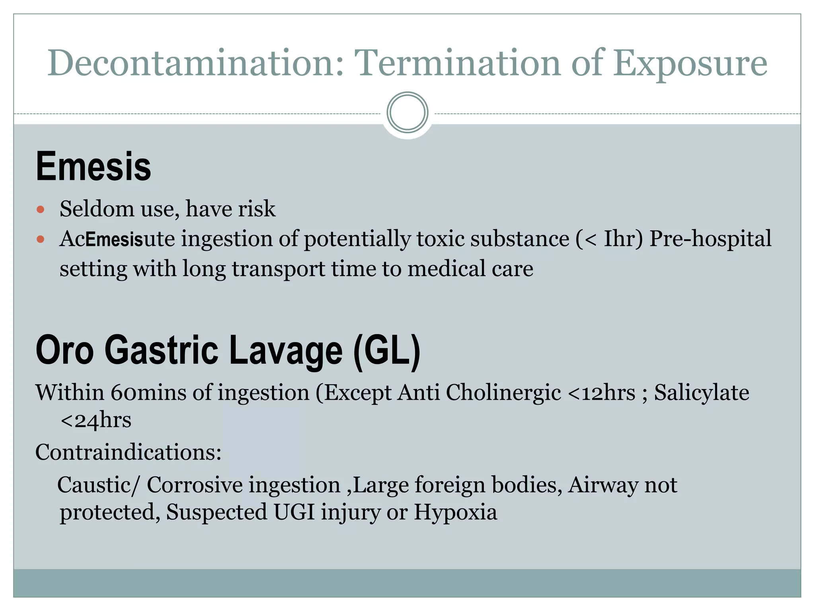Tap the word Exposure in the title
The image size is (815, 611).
(690, 64)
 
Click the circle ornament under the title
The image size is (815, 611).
(407, 113)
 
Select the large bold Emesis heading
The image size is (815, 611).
(94, 167)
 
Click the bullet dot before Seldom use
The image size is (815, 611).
(40, 209)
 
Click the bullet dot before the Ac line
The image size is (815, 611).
(40, 239)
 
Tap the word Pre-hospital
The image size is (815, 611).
(710, 239)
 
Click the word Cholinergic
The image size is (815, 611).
(503, 393)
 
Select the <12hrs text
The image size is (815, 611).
(601, 393)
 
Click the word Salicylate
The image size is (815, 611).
(702, 393)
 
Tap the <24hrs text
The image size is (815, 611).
(96, 420)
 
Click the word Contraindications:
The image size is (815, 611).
(128, 452)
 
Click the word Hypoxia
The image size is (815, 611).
(455, 512)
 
